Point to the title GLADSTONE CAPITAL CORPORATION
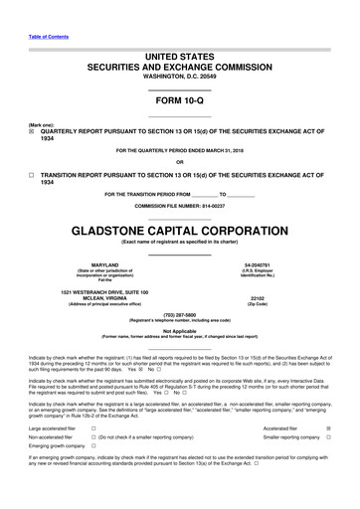click(x=179, y=226)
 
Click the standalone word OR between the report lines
click(x=179, y=163)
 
